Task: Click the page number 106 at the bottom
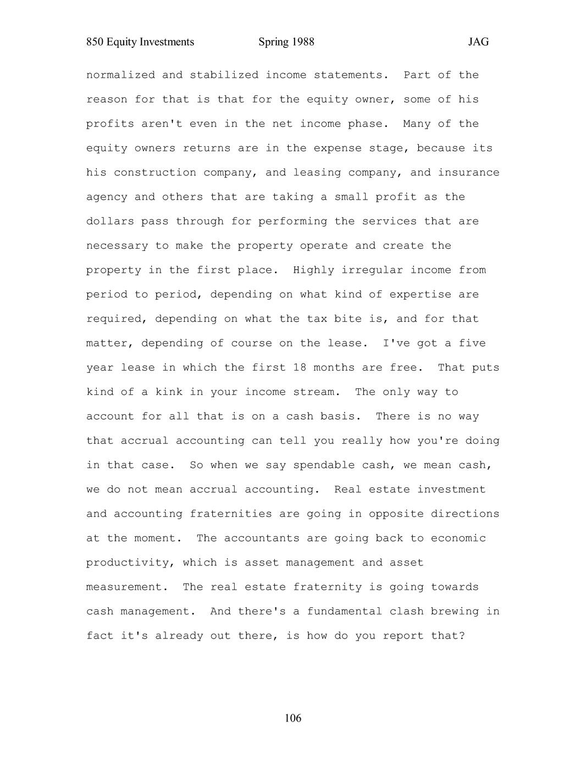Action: [x=293, y=718]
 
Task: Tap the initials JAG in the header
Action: [x=478, y=42]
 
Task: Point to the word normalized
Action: [x=120, y=75]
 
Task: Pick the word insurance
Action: [x=468, y=173]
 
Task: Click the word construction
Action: [x=155, y=173]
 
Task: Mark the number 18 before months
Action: [x=300, y=367]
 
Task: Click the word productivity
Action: [x=130, y=563]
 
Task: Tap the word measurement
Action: [x=124, y=587]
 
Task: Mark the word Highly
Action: [x=314, y=270]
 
